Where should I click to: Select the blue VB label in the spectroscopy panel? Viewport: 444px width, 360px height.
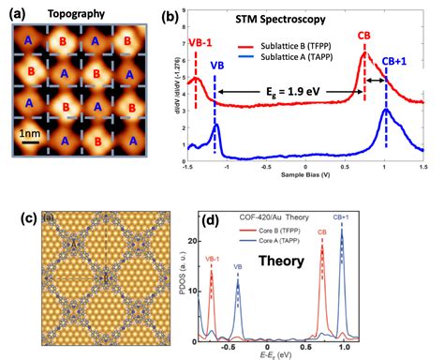click(216, 66)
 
